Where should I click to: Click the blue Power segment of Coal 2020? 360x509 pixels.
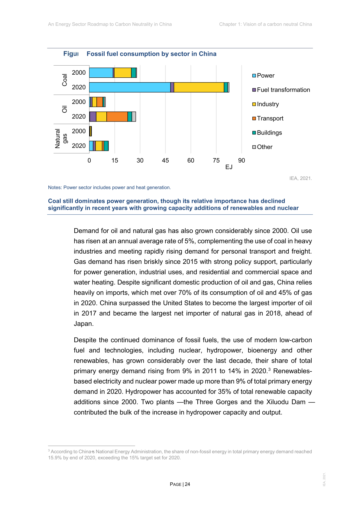[130, 87]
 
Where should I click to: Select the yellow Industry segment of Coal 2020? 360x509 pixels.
[199, 87]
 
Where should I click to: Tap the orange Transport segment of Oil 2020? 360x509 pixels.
[117, 117]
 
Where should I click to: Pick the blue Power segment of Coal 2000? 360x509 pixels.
[101, 73]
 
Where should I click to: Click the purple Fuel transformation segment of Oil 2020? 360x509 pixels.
[93, 117]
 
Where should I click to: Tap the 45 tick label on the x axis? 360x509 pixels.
[165, 160]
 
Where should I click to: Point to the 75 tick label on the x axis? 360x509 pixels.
[216, 160]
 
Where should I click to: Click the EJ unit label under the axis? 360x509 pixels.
[229, 167]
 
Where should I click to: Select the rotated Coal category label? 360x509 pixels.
[64, 80]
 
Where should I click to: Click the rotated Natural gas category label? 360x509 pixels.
[61, 138]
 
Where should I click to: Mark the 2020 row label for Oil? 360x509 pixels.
[79, 117]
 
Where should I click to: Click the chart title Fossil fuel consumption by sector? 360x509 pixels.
[151, 54]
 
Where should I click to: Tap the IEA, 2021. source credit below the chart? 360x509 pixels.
[300, 178]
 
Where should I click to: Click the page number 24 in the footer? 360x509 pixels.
[187, 484]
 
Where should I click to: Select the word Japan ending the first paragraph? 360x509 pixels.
[83, 324]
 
